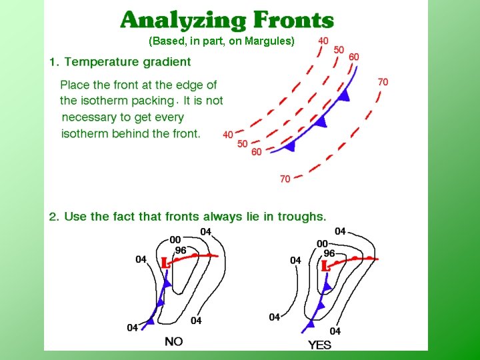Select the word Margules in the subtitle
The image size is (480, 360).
[x=269, y=41]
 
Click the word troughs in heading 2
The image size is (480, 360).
[x=304, y=217]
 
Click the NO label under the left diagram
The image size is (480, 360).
[x=174, y=341]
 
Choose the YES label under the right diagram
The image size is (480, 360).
[x=320, y=345]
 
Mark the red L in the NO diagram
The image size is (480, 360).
[x=165, y=263]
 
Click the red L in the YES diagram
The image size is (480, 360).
[x=325, y=266]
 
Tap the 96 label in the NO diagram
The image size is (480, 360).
[x=181, y=251]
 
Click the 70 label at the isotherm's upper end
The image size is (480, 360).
[x=383, y=82]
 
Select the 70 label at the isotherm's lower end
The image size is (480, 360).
[x=285, y=179]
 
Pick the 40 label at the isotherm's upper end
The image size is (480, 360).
[x=323, y=41]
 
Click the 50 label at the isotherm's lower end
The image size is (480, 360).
[x=243, y=144]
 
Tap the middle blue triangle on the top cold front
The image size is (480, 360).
[x=321, y=121]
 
